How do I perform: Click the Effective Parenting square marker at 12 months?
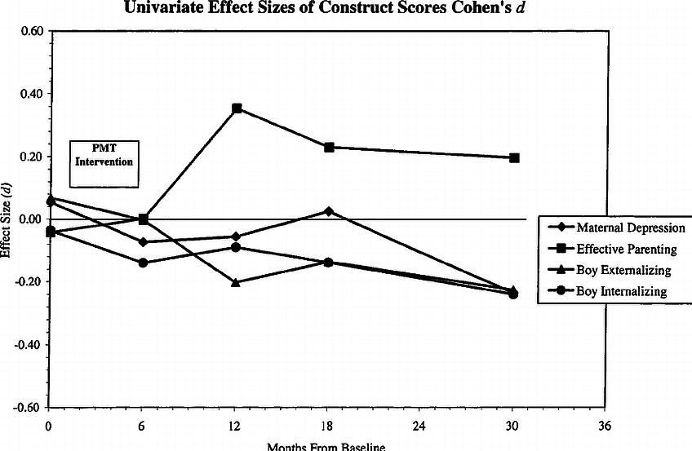pyautogui.click(x=237, y=108)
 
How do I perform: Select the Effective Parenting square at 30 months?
pyautogui.click(x=514, y=157)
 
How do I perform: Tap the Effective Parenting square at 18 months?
pyautogui.click(x=329, y=148)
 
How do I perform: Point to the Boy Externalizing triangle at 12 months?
pyautogui.click(x=236, y=282)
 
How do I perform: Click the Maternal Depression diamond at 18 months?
pyautogui.click(x=329, y=211)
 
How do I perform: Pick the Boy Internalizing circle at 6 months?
pyautogui.click(x=144, y=263)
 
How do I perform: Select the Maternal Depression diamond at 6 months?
pyautogui.click(x=144, y=242)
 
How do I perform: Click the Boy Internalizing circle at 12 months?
pyautogui.click(x=236, y=247)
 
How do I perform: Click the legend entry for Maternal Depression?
pyautogui.click(x=617, y=228)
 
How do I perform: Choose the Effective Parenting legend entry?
pyautogui.click(x=617, y=249)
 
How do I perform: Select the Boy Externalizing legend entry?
pyautogui.click(x=617, y=270)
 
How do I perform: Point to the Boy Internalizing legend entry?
pyautogui.click(x=617, y=291)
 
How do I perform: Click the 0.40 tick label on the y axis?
pyautogui.click(x=29, y=94)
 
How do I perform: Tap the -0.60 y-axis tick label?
pyautogui.click(x=28, y=407)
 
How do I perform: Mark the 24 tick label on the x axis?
pyautogui.click(x=421, y=426)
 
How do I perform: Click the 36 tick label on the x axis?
pyautogui.click(x=605, y=426)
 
